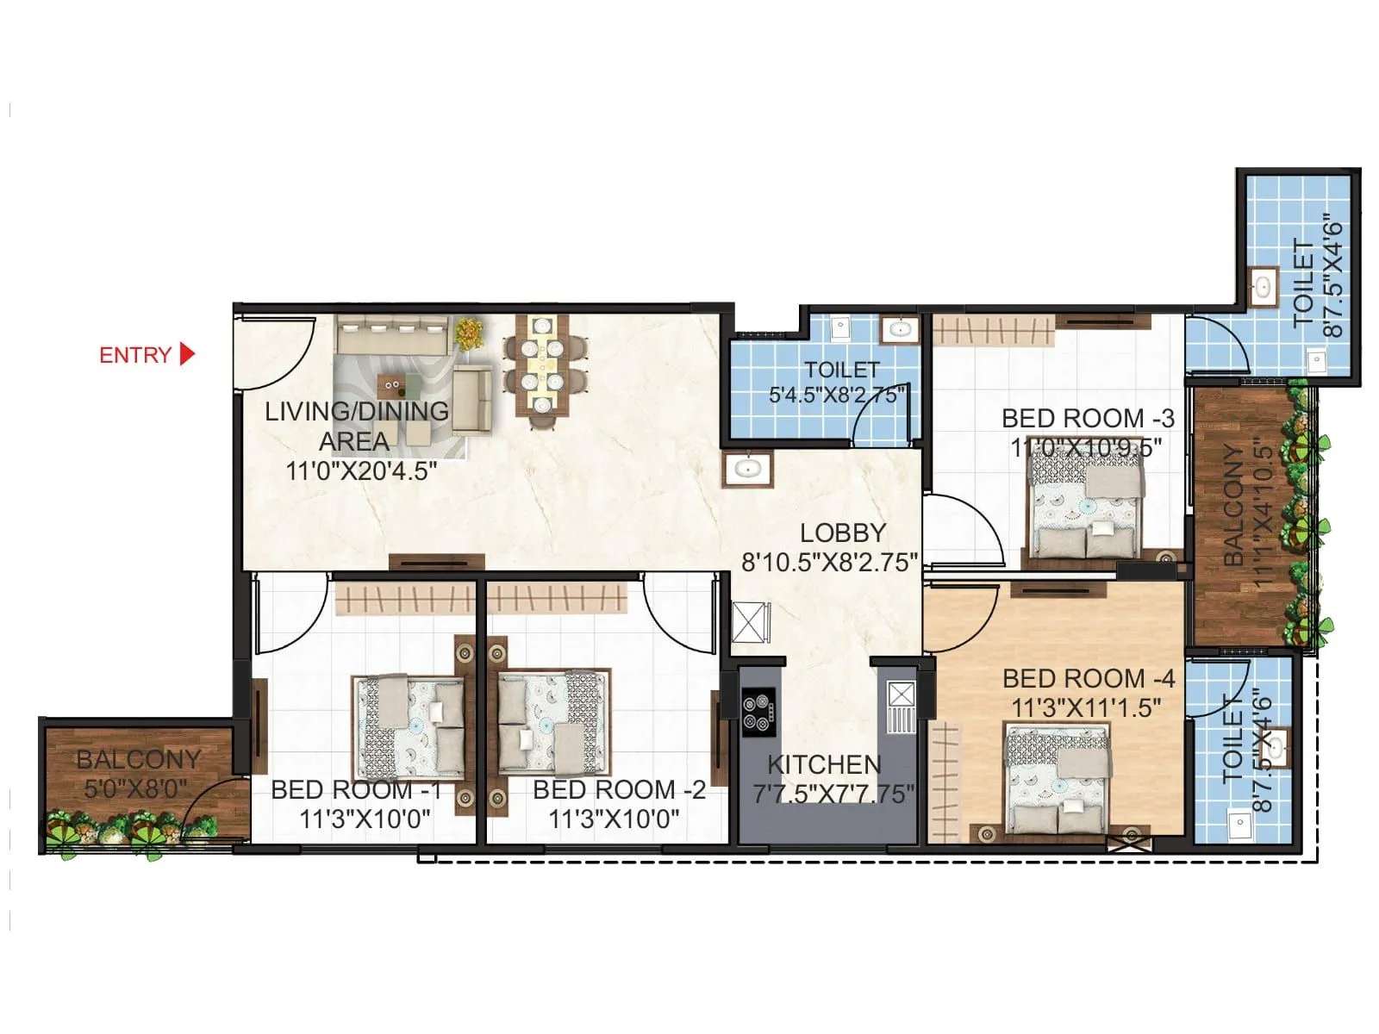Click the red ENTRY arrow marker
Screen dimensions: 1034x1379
(x=187, y=354)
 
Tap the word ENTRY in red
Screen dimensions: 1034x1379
(x=135, y=355)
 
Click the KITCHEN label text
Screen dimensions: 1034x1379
(x=824, y=764)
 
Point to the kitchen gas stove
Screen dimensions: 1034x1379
(x=758, y=712)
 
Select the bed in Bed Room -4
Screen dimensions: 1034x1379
(x=1058, y=780)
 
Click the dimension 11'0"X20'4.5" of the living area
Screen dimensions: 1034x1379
(x=361, y=471)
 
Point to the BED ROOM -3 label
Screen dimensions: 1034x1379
(x=1088, y=419)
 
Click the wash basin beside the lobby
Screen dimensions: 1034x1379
(x=746, y=469)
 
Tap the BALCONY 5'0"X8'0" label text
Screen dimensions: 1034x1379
(x=138, y=773)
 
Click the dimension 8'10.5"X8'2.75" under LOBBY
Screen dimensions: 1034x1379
(x=829, y=563)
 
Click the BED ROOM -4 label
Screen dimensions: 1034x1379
(x=1089, y=679)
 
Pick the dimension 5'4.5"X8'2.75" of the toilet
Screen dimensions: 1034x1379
(x=836, y=396)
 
